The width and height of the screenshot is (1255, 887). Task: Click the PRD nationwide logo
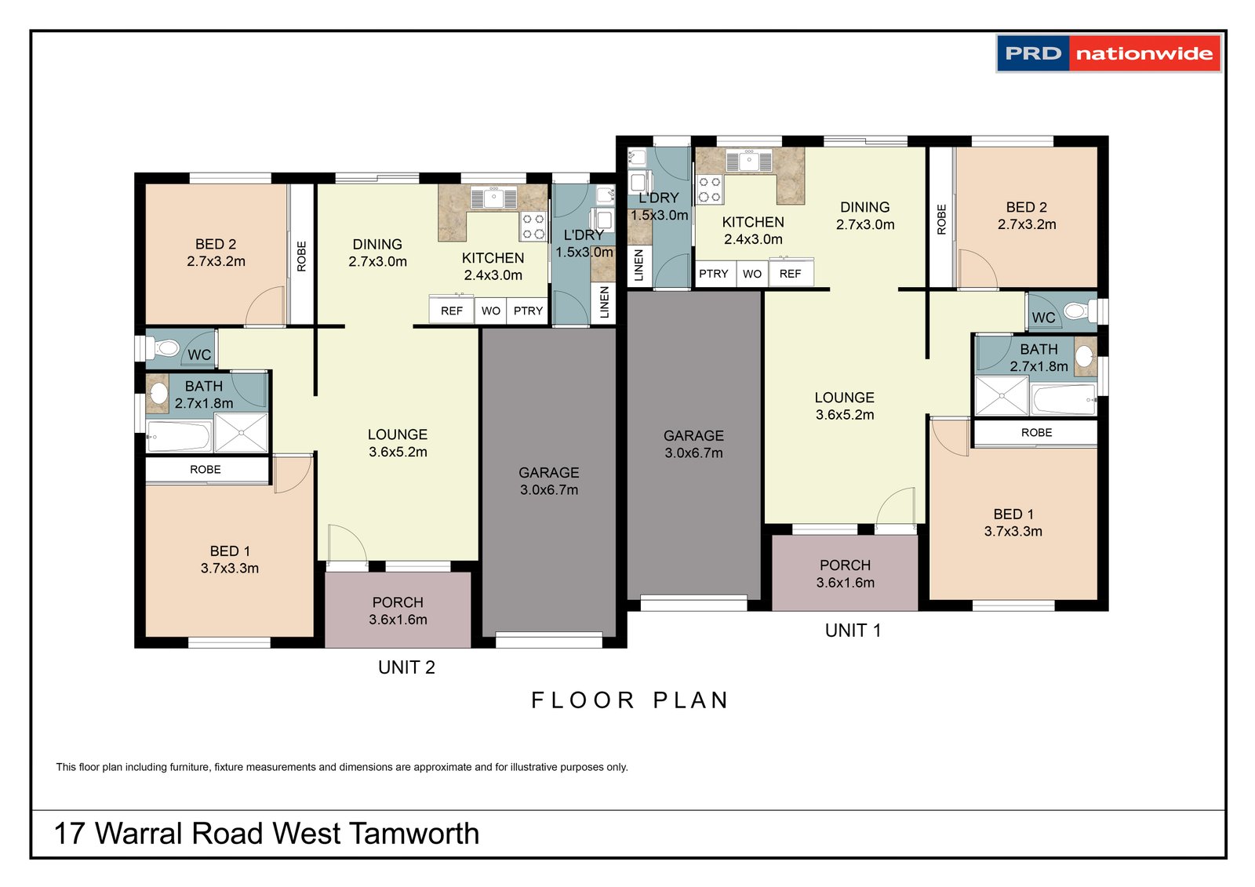tap(1108, 53)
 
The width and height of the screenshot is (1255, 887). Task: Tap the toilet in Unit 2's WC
tap(164, 347)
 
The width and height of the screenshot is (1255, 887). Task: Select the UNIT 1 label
tap(853, 631)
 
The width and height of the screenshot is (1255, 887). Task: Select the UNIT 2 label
tap(406, 667)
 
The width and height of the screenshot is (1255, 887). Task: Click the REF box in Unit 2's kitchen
tap(452, 311)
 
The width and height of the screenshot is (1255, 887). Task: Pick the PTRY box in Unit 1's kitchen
tap(714, 274)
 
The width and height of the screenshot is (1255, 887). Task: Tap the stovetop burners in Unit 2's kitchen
tap(533, 226)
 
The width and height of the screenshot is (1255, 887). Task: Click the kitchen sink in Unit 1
tap(749, 162)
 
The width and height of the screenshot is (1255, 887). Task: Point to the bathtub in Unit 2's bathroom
tap(179, 437)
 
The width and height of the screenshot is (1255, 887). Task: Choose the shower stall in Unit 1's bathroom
tap(1002, 395)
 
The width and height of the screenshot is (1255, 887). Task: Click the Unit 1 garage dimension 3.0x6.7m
tap(693, 453)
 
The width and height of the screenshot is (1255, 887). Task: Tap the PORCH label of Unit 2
tap(398, 602)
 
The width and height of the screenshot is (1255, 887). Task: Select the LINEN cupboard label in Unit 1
tap(638, 265)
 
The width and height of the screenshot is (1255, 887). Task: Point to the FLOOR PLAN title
tap(630, 700)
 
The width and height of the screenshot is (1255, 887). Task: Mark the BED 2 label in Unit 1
tap(1026, 207)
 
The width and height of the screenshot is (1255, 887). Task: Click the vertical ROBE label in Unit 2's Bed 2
tap(302, 256)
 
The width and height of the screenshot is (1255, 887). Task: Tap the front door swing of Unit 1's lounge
tap(897, 506)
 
